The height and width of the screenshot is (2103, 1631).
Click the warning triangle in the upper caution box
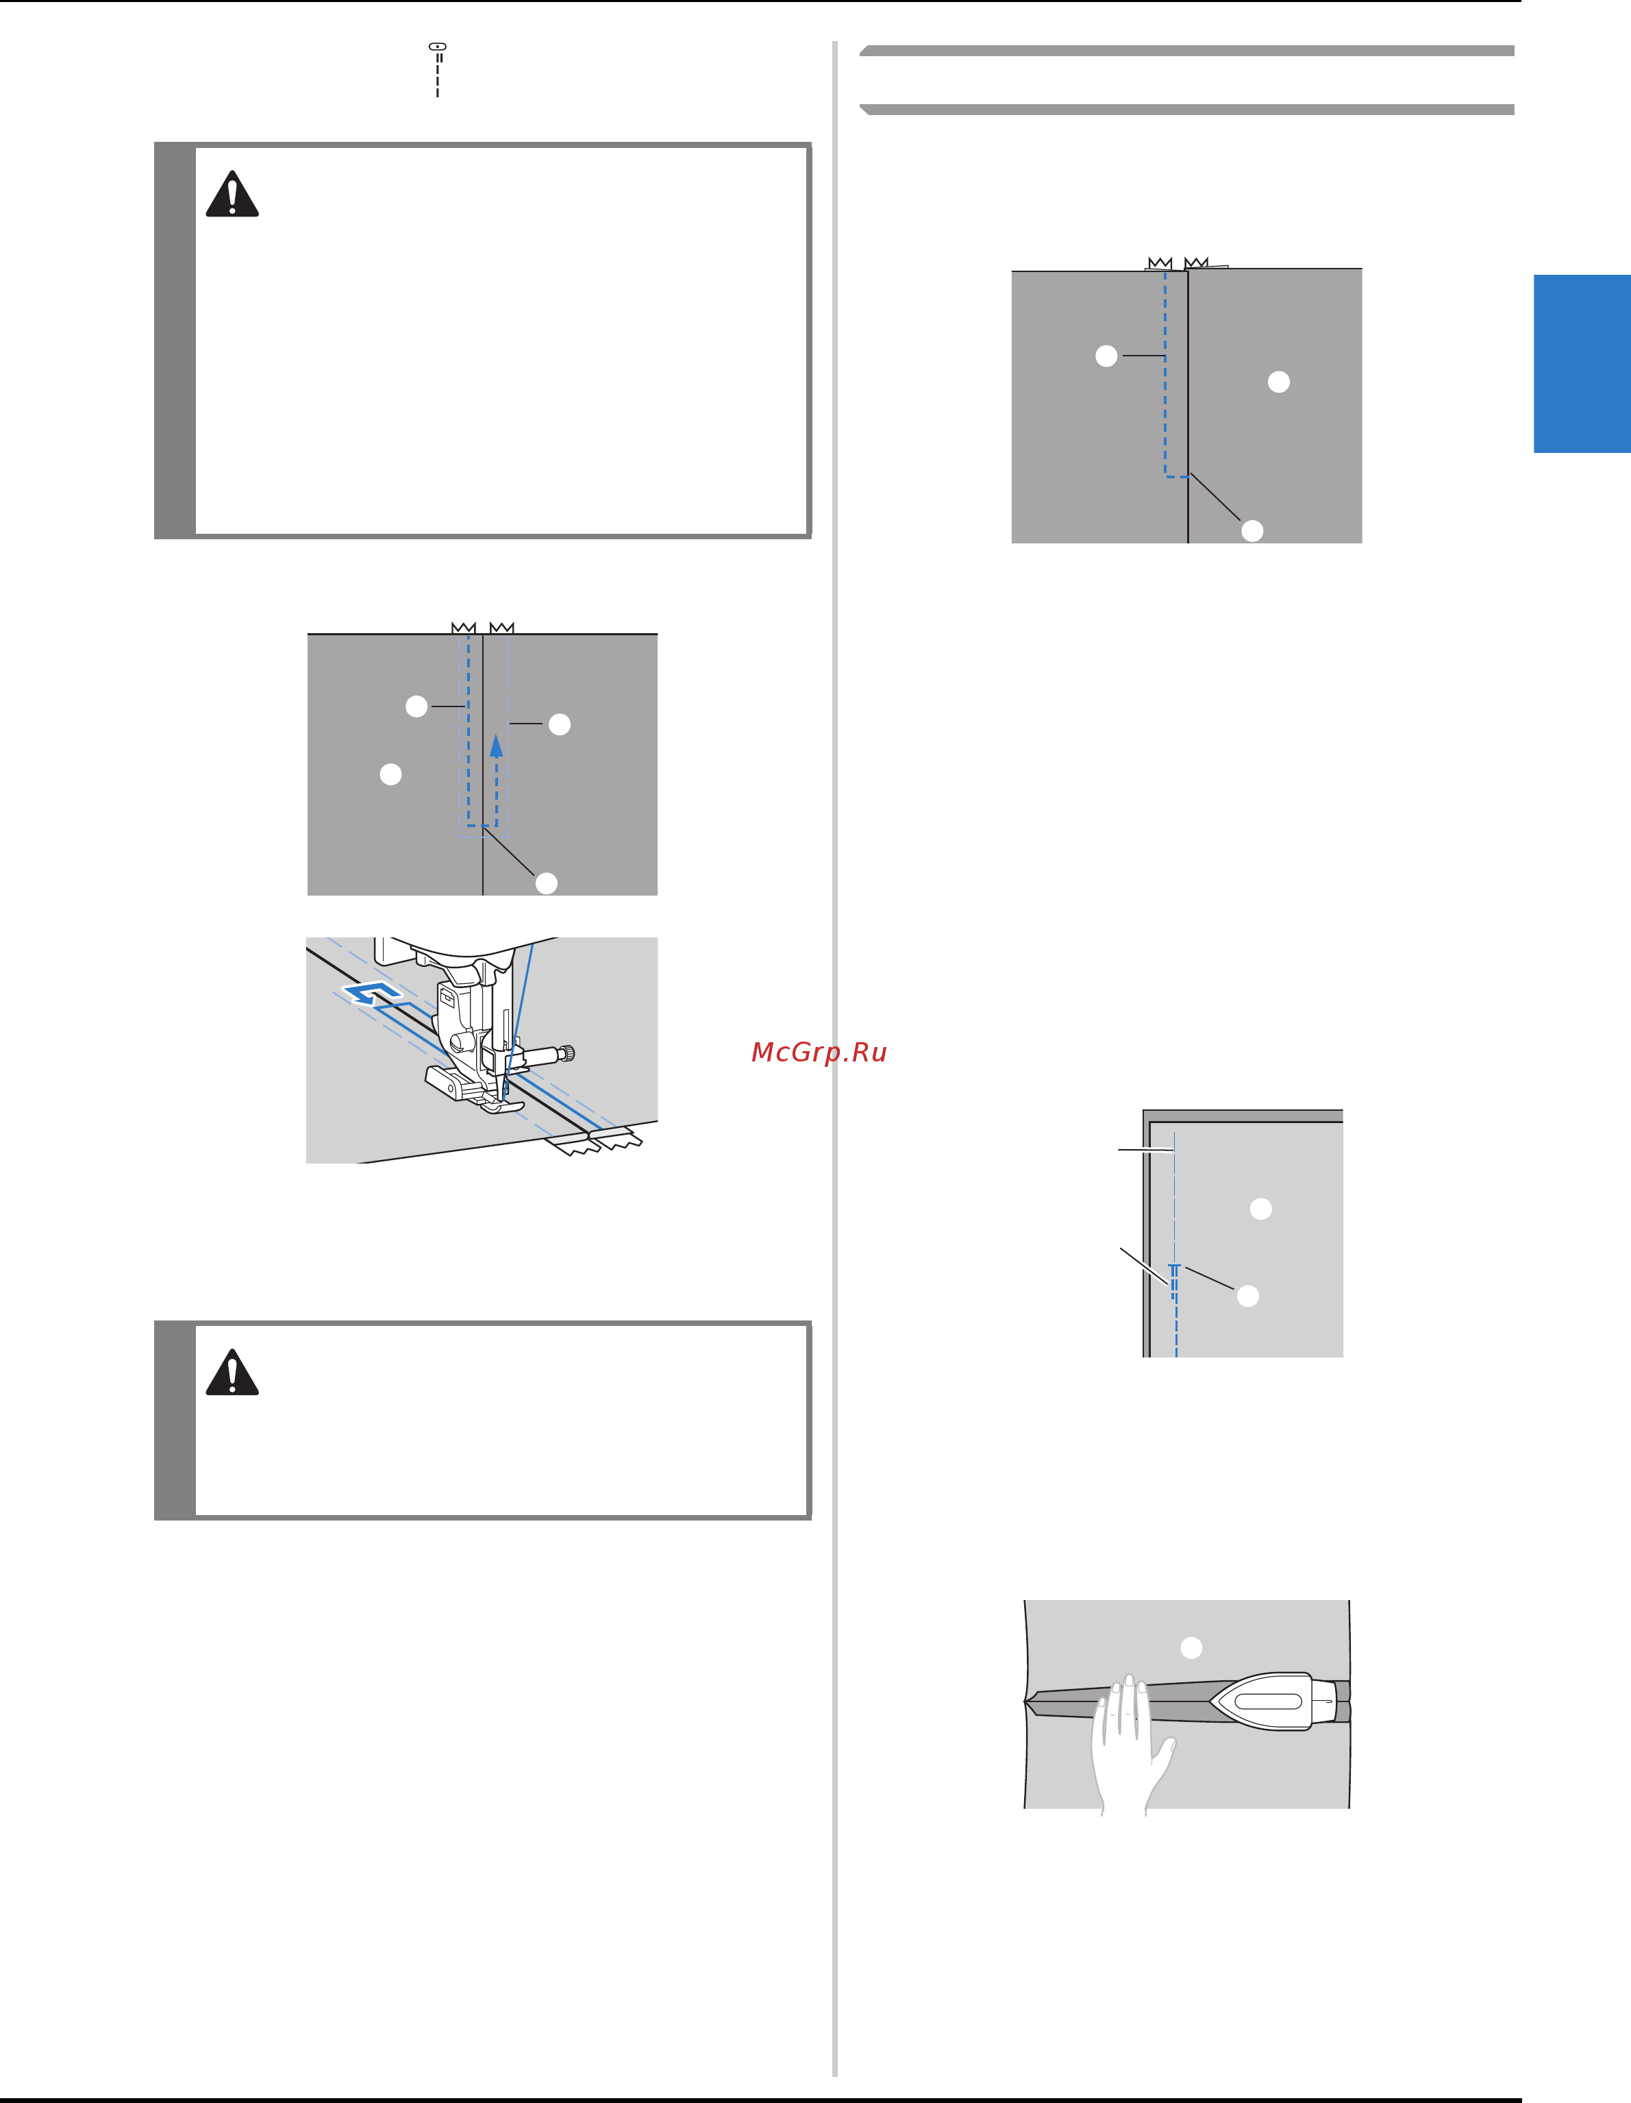pyautogui.click(x=232, y=195)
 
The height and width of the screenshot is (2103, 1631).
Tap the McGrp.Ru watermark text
pyautogui.click(x=819, y=1053)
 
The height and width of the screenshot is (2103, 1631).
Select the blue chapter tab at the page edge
pyautogui.click(x=1582, y=363)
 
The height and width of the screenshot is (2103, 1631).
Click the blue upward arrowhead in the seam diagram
pyautogui.click(x=496, y=746)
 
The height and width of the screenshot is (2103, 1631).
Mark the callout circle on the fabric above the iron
pyautogui.click(x=1191, y=1647)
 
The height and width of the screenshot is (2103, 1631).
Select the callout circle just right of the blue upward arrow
pyautogui.click(x=560, y=724)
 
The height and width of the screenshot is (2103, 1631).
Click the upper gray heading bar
pyautogui.click(x=1186, y=50)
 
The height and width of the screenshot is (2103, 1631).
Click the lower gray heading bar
pyautogui.click(x=1186, y=109)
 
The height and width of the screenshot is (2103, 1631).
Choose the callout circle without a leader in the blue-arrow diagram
pyautogui.click(x=390, y=774)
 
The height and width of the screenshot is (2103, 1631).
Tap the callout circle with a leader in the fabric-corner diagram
pyautogui.click(x=1247, y=1296)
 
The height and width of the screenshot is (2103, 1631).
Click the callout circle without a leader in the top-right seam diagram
pyautogui.click(x=1279, y=381)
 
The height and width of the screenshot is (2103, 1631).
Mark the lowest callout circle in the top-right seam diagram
pyautogui.click(x=1252, y=530)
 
